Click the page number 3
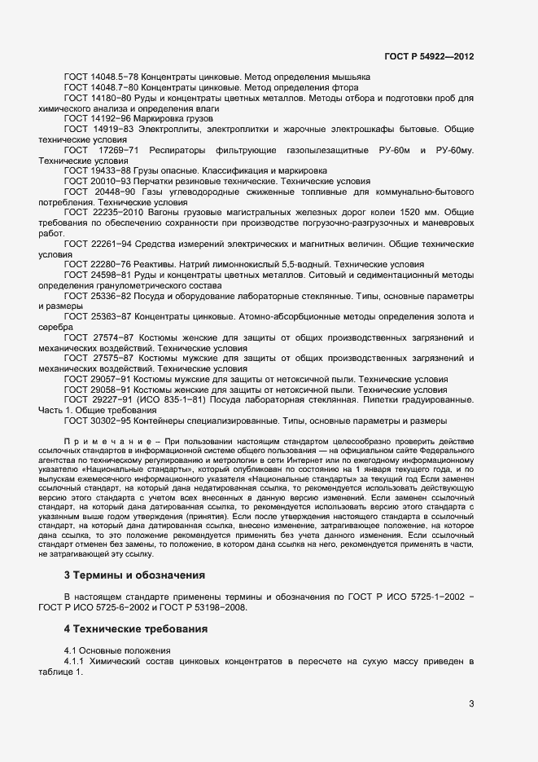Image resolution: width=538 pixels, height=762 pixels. pyautogui.click(x=470, y=703)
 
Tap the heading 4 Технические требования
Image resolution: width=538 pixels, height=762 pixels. pyautogui.click(x=140, y=629)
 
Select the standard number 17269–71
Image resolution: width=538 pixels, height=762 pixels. pyautogui.click(x=119, y=151)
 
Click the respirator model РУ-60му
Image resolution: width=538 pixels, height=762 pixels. pyautogui.click(x=454, y=151)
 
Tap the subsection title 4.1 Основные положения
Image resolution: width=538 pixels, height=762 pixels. pyautogui.click(x=117, y=650)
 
